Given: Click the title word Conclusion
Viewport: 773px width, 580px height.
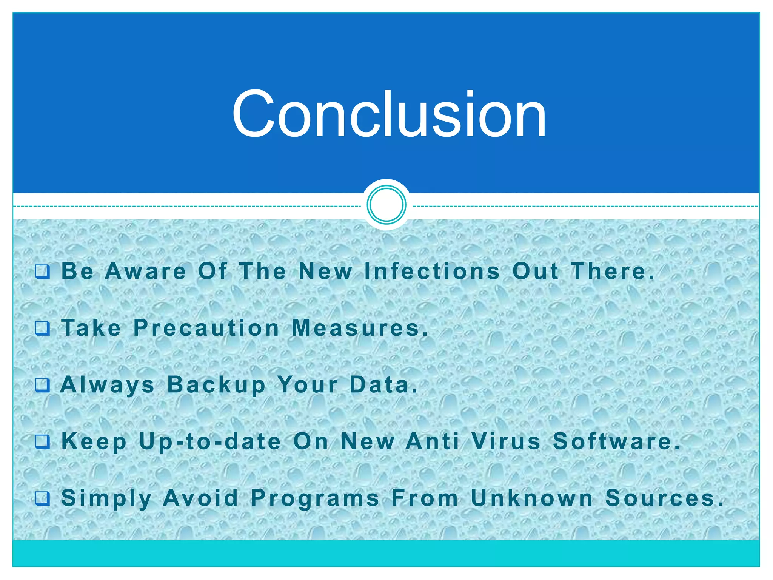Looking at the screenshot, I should [x=389, y=114].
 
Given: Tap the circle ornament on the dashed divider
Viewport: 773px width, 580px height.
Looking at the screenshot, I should [x=386, y=205].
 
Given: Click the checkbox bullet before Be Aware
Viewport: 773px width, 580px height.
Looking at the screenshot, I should [x=42, y=271].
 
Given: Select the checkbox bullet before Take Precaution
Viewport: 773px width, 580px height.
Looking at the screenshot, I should [x=42, y=328].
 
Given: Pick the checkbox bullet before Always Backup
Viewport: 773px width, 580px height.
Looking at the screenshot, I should [x=42, y=385].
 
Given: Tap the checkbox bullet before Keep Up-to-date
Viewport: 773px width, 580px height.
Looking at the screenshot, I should [x=42, y=441].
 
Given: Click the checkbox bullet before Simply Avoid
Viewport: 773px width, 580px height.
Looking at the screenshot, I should [x=42, y=498].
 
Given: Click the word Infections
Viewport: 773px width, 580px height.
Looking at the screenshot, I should [x=432, y=271].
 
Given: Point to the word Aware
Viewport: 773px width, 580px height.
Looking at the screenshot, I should [x=146, y=271].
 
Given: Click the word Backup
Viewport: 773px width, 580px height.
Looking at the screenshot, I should [x=217, y=385].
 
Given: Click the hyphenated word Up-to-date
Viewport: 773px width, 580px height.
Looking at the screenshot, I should [x=210, y=442].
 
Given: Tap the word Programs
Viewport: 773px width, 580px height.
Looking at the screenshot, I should [x=315, y=498].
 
